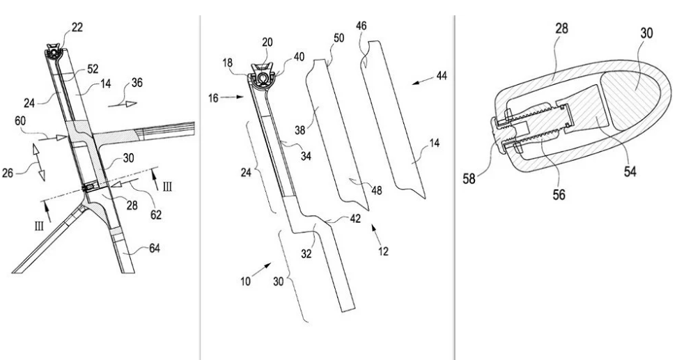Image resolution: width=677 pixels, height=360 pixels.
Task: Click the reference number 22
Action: click(x=77, y=27)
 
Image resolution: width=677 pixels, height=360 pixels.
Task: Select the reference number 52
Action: click(x=93, y=69)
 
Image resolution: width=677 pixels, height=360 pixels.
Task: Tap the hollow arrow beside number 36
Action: click(x=122, y=104)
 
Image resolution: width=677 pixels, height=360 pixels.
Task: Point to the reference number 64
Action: click(x=154, y=248)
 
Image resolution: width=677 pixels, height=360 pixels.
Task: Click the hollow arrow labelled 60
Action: click(x=53, y=138)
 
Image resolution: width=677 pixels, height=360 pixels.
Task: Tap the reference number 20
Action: click(x=267, y=42)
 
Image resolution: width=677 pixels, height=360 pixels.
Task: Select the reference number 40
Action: click(x=298, y=57)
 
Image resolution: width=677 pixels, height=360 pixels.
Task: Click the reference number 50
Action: click(x=338, y=38)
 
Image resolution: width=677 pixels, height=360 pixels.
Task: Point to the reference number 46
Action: click(x=361, y=26)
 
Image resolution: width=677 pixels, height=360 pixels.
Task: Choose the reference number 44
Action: click(x=442, y=76)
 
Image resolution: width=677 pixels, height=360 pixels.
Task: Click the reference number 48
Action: click(x=377, y=189)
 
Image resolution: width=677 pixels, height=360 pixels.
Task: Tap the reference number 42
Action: click(x=355, y=219)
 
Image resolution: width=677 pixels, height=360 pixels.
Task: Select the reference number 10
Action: click(x=245, y=281)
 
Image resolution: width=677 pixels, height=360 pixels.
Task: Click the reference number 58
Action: click(x=469, y=178)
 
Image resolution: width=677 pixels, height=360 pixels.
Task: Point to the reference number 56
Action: click(x=559, y=194)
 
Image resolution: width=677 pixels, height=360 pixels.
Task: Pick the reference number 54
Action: click(x=630, y=171)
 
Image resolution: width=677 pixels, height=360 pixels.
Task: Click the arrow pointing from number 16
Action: click(x=233, y=98)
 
